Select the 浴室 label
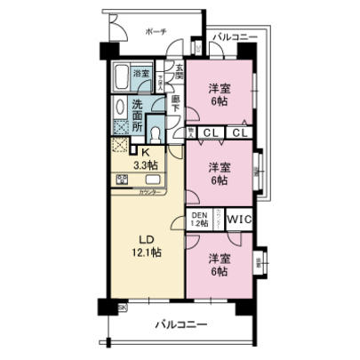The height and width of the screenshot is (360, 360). coord(141,74)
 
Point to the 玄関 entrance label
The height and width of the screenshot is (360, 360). coord(178,68)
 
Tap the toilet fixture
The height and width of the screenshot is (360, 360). coord(156,134)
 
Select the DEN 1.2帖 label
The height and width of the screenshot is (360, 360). coord(199,219)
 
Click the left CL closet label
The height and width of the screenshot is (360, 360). coord(210,134)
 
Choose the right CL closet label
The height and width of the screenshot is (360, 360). coord(240,134)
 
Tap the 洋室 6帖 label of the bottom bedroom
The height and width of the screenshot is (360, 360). coord(218,264)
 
